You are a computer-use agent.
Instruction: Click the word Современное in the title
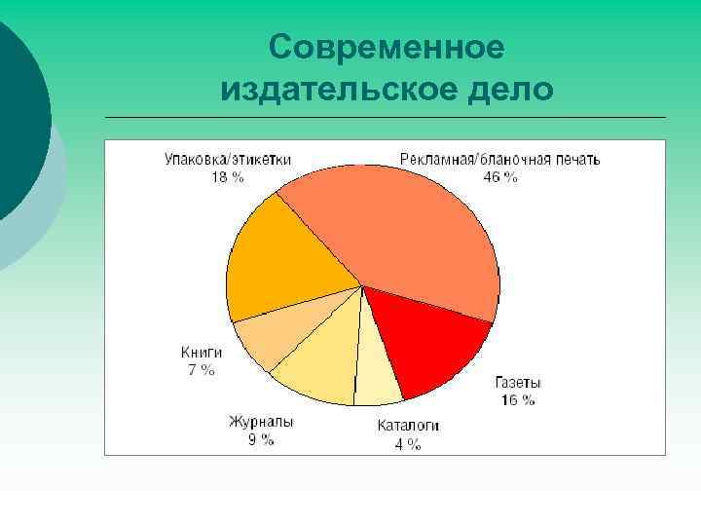click(x=387, y=47)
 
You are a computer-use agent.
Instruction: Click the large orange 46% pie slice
click(x=399, y=234)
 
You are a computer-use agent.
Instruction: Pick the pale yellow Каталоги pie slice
click(x=377, y=375)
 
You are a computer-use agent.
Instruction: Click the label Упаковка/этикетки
click(x=227, y=159)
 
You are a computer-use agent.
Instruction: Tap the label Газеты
click(x=518, y=383)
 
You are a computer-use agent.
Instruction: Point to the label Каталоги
click(x=408, y=426)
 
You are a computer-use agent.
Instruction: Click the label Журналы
click(x=261, y=422)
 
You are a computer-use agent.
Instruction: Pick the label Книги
click(x=202, y=352)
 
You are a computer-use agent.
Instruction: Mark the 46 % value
click(x=500, y=177)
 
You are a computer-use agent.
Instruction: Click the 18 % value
click(x=228, y=177)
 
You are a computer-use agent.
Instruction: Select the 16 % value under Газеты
click(x=517, y=400)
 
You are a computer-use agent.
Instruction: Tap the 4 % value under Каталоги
click(x=408, y=444)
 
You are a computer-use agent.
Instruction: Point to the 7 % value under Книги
click(x=202, y=370)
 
